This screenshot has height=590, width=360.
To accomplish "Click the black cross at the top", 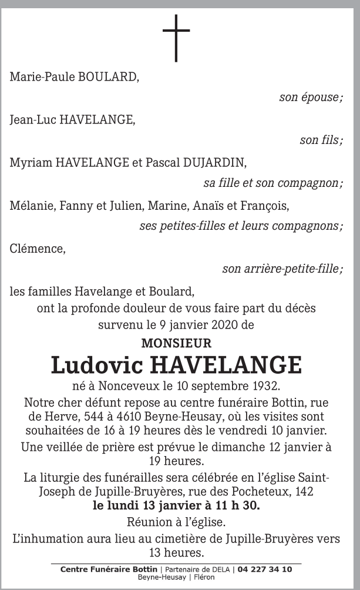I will coord(177,36).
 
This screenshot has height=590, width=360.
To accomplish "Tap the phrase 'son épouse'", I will coord(311,98).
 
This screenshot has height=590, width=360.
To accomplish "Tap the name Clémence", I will coord(37,248).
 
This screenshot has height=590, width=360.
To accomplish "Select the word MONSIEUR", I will coord(176,343).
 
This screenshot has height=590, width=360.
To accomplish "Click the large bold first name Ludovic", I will coord(97,365).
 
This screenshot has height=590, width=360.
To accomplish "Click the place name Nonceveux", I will coord(123,387).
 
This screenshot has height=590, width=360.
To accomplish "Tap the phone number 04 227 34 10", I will coord(266,569).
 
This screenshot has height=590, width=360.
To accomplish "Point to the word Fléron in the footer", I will coord(203,577).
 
